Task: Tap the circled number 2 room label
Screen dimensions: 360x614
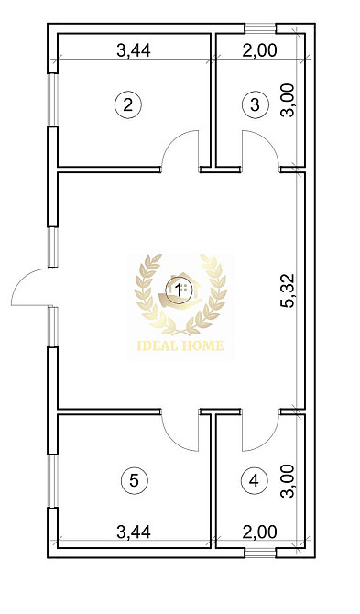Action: click(x=127, y=105)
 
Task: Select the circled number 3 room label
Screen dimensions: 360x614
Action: click(x=255, y=105)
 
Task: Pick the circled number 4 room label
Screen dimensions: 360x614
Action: click(x=254, y=480)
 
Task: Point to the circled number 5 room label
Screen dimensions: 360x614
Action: click(x=134, y=480)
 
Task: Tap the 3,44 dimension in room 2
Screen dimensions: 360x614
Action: click(x=134, y=50)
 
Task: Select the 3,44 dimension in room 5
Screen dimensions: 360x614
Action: click(x=134, y=532)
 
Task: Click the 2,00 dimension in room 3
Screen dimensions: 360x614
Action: click(x=260, y=50)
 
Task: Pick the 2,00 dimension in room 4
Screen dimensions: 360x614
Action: click(x=260, y=532)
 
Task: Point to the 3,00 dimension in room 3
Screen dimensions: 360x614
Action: click(x=289, y=100)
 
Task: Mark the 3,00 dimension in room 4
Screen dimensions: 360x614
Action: click(x=289, y=481)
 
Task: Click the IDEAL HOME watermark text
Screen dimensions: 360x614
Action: click(x=180, y=345)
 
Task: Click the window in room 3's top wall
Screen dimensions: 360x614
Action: click(x=260, y=28)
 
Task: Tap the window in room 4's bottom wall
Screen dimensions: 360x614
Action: click(x=260, y=553)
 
